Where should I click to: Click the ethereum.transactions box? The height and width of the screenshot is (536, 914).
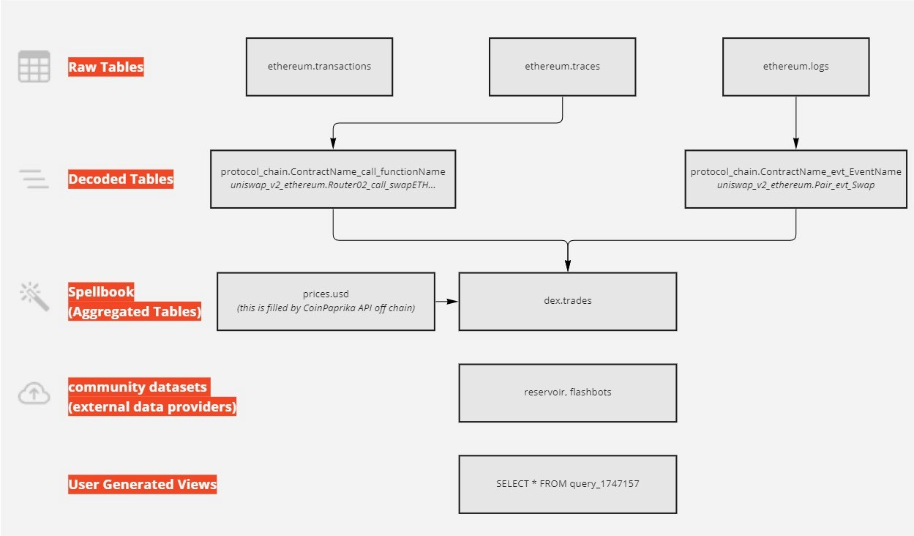pyautogui.click(x=319, y=67)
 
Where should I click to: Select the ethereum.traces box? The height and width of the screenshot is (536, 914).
pyautogui.click(x=562, y=67)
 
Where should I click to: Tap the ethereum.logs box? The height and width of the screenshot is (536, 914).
pyautogui.click(x=795, y=67)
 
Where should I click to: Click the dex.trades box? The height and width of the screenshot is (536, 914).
pyautogui.click(x=567, y=301)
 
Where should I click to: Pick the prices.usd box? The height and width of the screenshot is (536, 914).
pyautogui.click(x=326, y=301)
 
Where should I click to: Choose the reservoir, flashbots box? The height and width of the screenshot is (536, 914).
pyautogui.click(x=567, y=392)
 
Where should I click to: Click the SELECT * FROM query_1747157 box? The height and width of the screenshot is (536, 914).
pyautogui.click(x=567, y=484)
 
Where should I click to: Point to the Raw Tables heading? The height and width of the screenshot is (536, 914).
pyautogui.click(x=106, y=67)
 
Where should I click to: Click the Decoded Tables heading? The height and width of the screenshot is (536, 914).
pyautogui.click(x=121, y=179)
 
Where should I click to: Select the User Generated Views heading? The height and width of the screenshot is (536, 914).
pyautogui.click(x=143, y=484)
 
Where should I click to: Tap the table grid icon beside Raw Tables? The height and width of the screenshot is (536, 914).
pyautogui.click(x=34, y=67)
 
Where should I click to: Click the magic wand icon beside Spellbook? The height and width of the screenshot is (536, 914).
pyautogui.click(x=34, y=297)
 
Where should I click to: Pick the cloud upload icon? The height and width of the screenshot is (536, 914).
pyautogui.click(x=34, y=394)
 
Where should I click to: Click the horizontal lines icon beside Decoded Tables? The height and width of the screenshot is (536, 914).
pyautogui.click(x=34, y=179)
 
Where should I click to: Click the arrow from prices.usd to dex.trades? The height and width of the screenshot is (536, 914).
pyautogui.click(x=446, y=301)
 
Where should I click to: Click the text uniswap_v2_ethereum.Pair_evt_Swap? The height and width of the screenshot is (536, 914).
pyautogui.click(x=795, y=185)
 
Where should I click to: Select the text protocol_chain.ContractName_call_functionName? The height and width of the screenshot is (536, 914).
pyautogui.click(x=333, y=172)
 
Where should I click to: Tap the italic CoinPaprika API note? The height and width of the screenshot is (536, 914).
pyautogui.click(x=326, y=308)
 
